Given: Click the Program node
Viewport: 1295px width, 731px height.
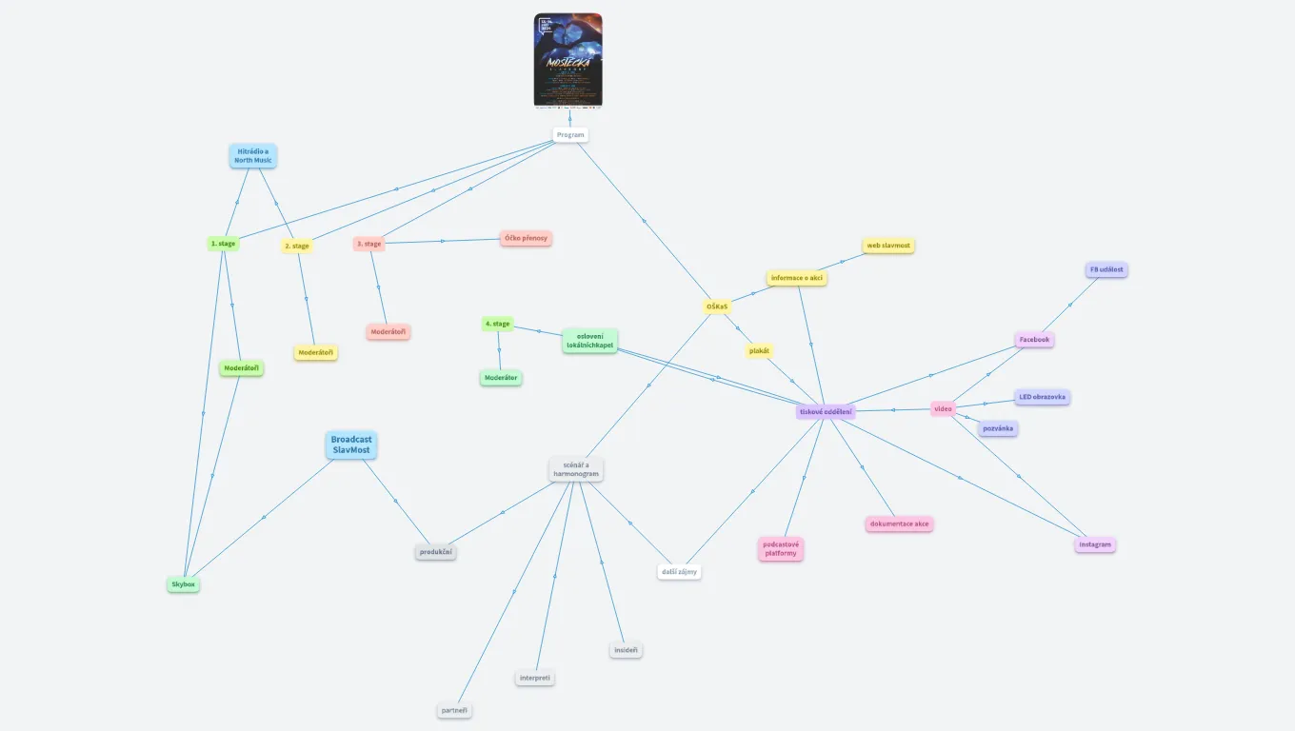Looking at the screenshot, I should pos(570,135).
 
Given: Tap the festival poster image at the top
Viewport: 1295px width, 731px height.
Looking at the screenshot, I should pos(568,60).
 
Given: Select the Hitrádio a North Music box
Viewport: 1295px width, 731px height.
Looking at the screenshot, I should pos(253,155).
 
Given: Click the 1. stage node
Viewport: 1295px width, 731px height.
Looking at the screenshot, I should pos(223,244).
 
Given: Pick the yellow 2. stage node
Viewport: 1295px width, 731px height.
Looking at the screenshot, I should pos(297,246).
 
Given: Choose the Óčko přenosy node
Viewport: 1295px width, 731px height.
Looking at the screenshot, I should pos(526,238).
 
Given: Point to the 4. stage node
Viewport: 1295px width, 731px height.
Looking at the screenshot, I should pos(497,324).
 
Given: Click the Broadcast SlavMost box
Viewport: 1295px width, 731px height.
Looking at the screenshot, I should pos(351,445).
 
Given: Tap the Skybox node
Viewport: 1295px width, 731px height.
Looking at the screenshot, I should pos(184,584).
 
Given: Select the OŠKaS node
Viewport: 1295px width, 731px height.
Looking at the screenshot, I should pos(717,306).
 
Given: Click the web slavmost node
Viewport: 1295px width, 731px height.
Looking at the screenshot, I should pos(888,246).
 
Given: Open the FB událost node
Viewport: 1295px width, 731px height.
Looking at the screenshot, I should pos(1106,269).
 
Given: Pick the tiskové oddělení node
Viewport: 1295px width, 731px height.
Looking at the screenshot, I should pos(826,412).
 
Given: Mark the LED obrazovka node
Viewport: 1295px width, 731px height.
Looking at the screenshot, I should pos(1042,397).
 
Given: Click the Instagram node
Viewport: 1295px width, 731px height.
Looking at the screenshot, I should pos(1095,544).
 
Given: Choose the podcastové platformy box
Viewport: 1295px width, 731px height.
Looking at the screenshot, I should pos(781,548).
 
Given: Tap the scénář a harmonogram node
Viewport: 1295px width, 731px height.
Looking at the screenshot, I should pos(576,469).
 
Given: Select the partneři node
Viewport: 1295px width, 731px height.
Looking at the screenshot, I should pos(454,710).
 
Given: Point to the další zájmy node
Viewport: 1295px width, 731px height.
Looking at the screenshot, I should pos(679,572).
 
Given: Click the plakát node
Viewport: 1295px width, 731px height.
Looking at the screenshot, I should pos(759,351).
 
